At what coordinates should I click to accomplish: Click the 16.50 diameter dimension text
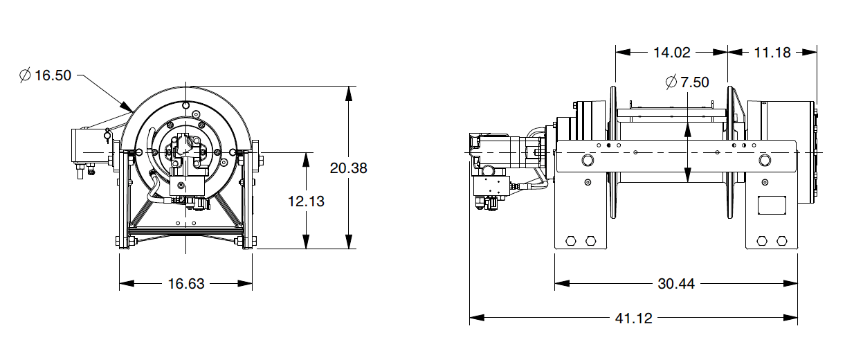pyautogui.click(x=53, y=75)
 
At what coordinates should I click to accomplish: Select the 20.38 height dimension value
pyautogui.click(x=349, y=168)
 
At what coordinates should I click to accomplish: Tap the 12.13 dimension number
pyautogui.click(x=306, y=201)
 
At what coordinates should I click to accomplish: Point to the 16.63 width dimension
pyautogui.click(x=186, y=283)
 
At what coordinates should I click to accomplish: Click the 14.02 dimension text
pyautogui.click(x=671, y=52)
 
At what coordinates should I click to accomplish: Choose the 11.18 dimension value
pyautogui.click(x=772, y=52)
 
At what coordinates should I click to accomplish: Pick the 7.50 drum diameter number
pyautogui.click(x=694, y=82)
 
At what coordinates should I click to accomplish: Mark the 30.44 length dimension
pyautogui.click(x=676, y=283)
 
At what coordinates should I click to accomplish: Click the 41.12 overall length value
pyautogui.click(x=633, y=318)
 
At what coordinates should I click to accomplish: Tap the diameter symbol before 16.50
pyautogui.click(x=25, y=75)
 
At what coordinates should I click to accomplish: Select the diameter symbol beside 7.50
pyautogui.click(x=671, y=82)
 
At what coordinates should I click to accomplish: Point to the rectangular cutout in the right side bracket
pyautogui.click(x=773, y=206)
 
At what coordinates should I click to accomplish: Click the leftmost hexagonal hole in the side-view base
pyautogui.click(x=571, y=240)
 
